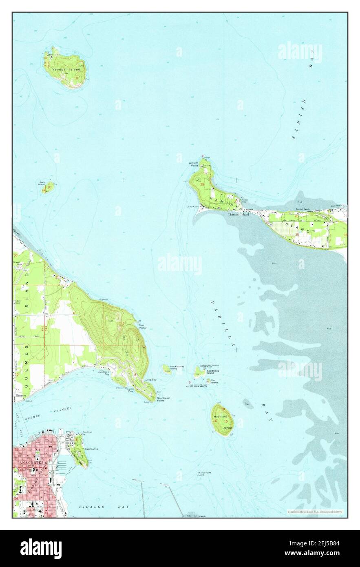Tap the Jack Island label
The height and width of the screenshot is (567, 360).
point(42,183)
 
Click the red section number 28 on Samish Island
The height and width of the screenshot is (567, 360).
point(202,185)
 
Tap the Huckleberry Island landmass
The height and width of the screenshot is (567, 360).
point(166,368)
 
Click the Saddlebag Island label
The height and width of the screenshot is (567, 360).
point(210,372)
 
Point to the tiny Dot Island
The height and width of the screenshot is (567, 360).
point(208,381)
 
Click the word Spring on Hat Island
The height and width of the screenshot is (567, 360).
point(227,428)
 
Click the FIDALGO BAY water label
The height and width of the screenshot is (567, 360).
point(104,507)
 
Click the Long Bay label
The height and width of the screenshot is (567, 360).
point(151,380)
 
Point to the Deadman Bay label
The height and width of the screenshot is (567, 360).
point(104,373)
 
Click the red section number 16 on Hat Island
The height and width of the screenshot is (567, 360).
point(215,421)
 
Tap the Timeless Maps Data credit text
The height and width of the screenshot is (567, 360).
point(314,512)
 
